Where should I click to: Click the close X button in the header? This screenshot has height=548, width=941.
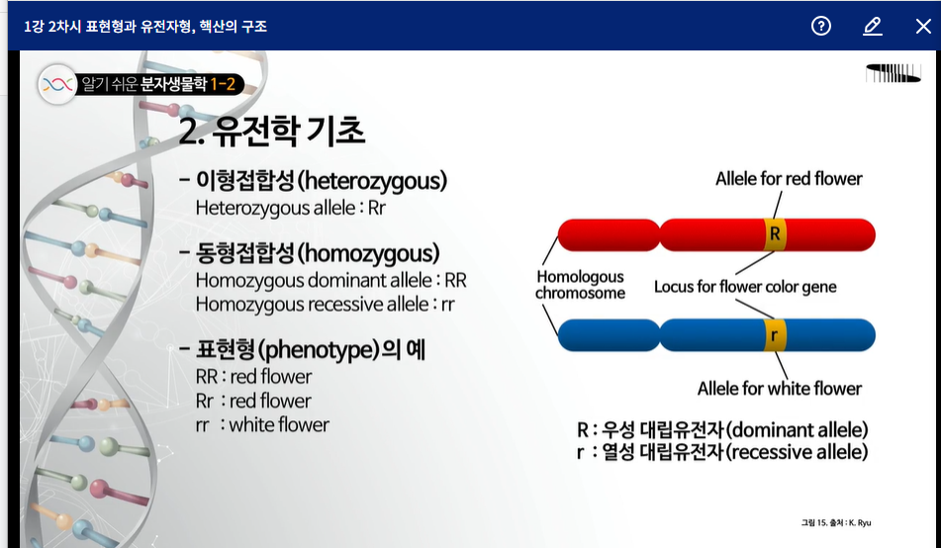tap(923, 26)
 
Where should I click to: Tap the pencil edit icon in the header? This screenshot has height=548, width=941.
tap(873, 26)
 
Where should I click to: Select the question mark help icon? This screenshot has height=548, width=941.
tap(821, 26)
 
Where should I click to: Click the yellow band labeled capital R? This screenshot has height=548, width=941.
tap(775, 234)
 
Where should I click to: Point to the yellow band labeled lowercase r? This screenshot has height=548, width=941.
tap(775, 335)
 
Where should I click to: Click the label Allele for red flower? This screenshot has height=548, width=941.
tap(789, 178)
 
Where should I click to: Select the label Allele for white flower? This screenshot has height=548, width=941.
tap(780, 389)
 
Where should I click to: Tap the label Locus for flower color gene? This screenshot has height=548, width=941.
tap(745, 287)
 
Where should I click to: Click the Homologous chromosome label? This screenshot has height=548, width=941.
tap(580, 285)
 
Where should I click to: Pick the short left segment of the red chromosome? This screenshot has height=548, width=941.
tap(609, 234)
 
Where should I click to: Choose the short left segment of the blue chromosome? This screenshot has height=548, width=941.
tap(609, 335)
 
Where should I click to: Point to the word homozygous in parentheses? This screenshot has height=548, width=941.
tap(368, 253)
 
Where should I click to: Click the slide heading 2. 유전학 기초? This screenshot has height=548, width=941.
tap(272, 131)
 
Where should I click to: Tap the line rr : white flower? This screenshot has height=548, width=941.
tap(262, 425)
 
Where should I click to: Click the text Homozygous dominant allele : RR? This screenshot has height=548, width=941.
tap(330, 280)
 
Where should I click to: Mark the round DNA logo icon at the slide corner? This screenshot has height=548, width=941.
tap(57, 85)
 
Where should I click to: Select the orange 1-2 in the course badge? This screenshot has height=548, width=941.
tap(223, 83)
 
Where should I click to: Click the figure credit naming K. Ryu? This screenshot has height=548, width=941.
tap(836, 523)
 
